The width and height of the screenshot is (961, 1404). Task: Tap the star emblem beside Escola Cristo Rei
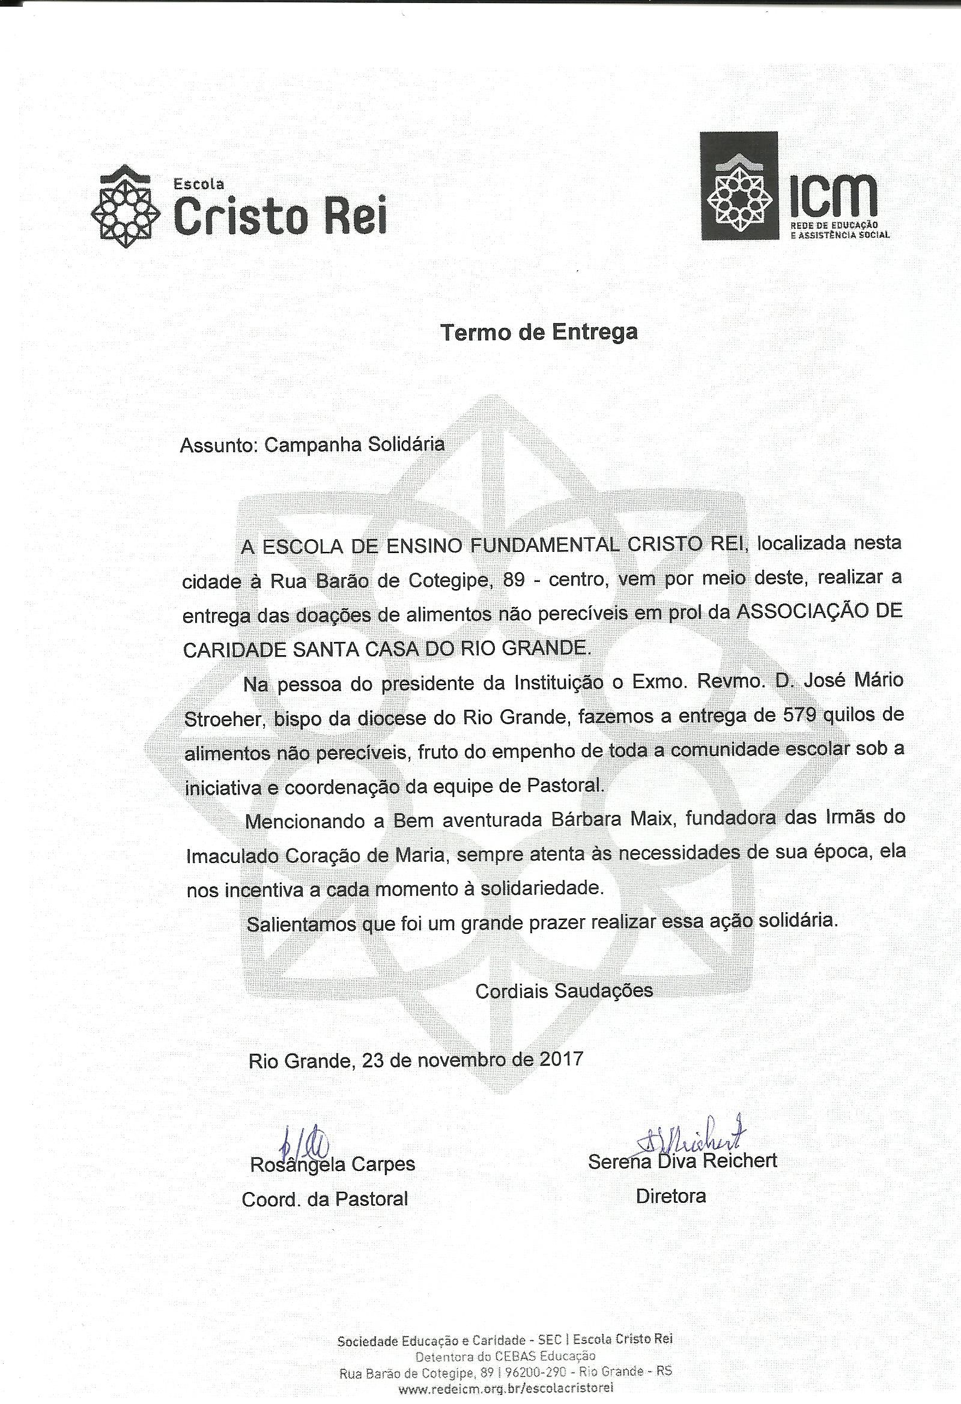(125, 207)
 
